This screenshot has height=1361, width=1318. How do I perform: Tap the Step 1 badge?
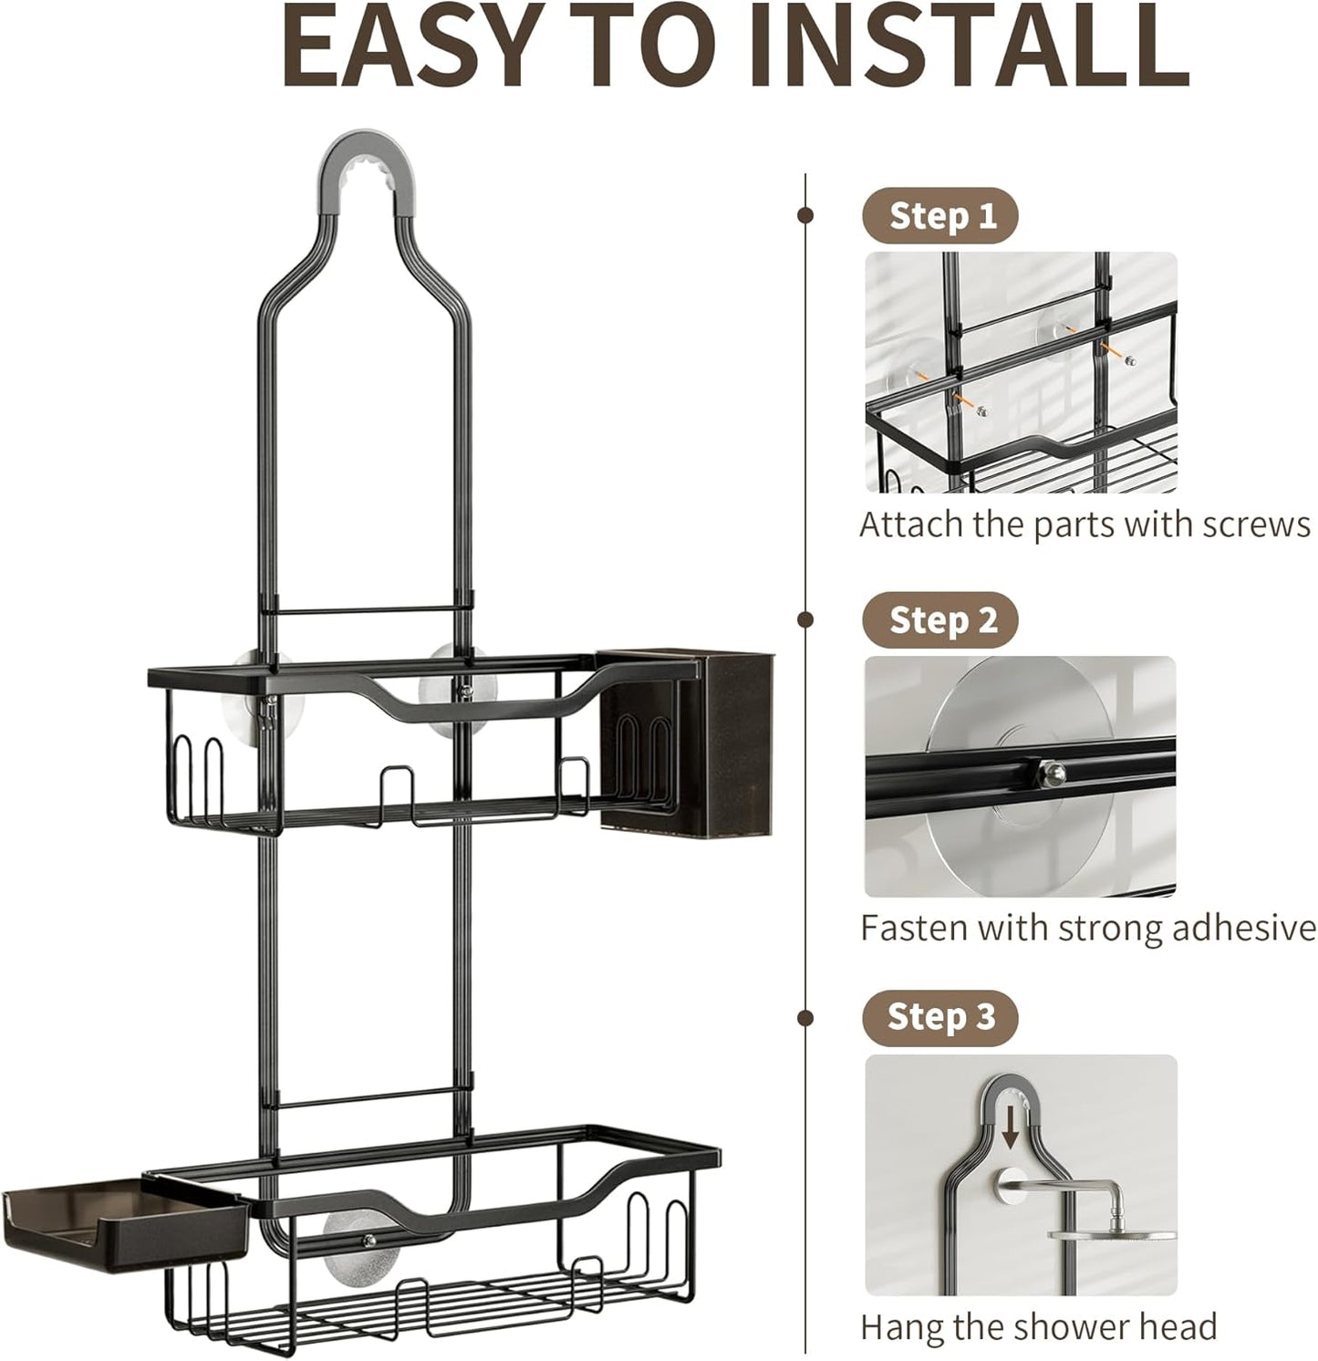pos(940,216)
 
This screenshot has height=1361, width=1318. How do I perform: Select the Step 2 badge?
pos(940,620)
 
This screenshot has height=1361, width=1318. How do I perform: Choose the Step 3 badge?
pos(940,1017)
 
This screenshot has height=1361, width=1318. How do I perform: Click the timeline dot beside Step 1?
pos(805,216)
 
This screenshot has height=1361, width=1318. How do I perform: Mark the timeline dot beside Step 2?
pos(805,620)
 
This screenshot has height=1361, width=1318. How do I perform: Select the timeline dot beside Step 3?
pos(805,1017)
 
